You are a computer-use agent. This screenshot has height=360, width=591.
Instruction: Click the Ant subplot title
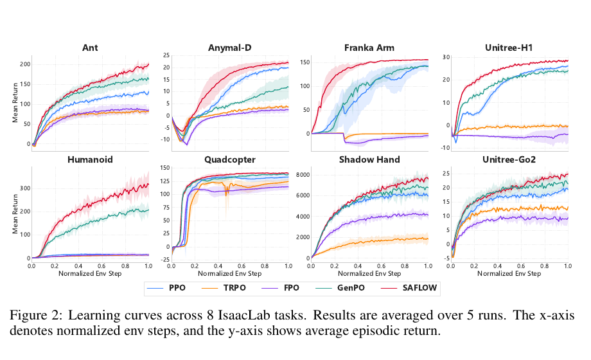(90, 48)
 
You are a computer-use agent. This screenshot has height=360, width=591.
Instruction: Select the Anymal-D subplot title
(229, 48)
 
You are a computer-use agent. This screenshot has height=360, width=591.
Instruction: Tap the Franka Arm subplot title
(369, 48)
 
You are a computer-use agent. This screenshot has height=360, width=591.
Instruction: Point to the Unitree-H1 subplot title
(509, 48)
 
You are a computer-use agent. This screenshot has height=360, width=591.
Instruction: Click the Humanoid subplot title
(90, 159)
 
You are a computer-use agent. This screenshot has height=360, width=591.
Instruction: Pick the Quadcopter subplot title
(230, 160)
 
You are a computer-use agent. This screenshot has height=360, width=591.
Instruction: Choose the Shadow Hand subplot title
(369, 159)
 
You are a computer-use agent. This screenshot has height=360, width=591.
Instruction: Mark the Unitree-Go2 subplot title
(509, 159)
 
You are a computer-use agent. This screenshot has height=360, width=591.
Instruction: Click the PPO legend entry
(166, 288)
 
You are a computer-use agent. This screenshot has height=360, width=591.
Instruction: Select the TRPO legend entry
(224, 288)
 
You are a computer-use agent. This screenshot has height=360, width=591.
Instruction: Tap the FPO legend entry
(281, 288)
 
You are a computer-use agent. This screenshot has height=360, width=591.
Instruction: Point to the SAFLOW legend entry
(409, 288)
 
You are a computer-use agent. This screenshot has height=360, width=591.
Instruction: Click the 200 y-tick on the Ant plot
(25, 64)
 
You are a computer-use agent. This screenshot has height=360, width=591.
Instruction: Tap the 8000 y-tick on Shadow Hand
(303, 175)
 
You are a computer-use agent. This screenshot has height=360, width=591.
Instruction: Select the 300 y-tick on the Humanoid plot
(25, 188)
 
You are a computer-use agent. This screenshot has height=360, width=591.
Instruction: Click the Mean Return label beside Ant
(15, 103)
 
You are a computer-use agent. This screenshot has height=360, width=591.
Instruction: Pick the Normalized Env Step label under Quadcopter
(229, 274)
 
